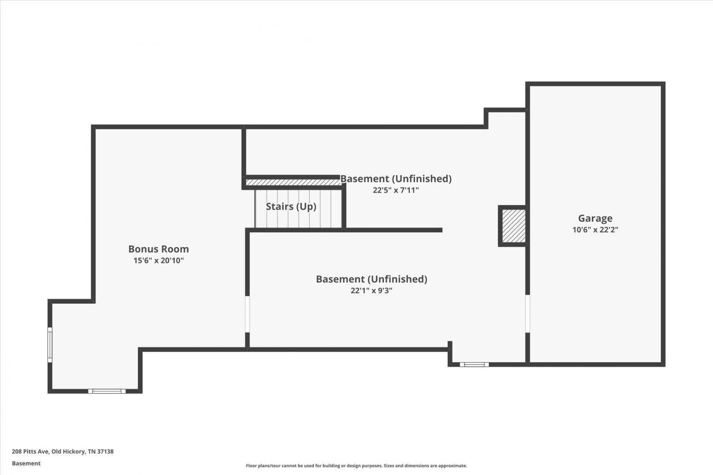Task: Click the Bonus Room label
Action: (x=158, y=249)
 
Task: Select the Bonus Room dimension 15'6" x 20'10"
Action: (x=158, y=261)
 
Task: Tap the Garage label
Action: (x=595, y=218)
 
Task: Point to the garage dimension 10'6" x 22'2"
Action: (x=595, y=230)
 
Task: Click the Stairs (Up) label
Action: (x=291, y=207)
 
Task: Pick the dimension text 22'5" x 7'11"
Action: (x=395, y=190)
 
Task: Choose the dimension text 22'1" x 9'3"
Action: (x=371, y=291)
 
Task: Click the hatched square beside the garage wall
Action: (x=514, y=226)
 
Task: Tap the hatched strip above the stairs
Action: (x=293, y=183)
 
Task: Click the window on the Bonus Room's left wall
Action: (x=50, y=344)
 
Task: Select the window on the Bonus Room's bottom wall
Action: (x=106, y=391)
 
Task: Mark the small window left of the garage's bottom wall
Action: (x=474, y=365)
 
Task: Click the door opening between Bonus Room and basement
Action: (x=247, y=314)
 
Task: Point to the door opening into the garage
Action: (x=528, y=314)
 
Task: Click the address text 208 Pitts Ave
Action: (x=30, y=451)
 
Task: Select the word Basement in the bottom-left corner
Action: (x=26, y=464)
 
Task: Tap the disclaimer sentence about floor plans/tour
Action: (x=356, y=466)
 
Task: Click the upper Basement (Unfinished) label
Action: (x=396, y=179)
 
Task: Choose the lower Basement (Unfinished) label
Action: (x=371, y=279)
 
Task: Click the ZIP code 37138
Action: (x=106, y=451)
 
